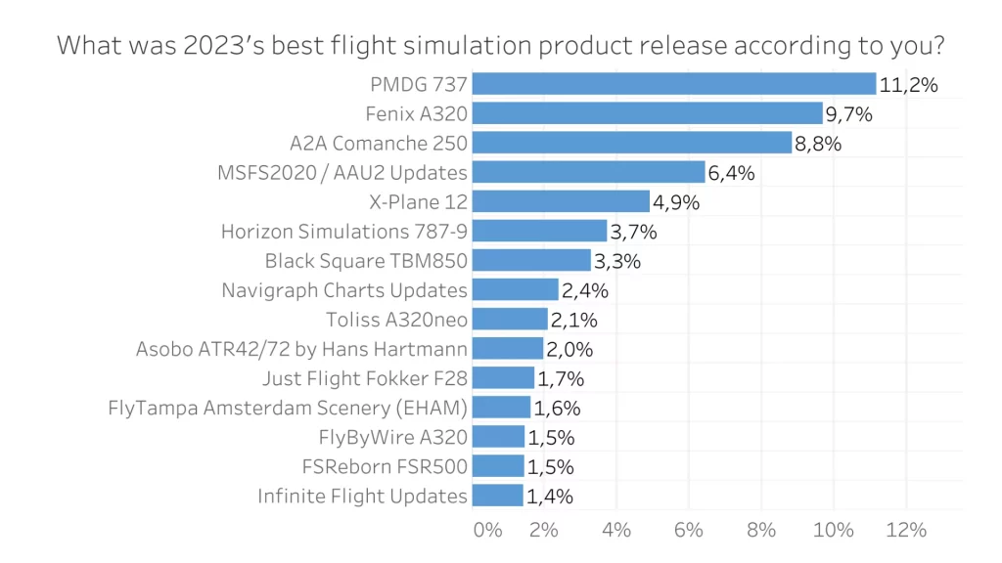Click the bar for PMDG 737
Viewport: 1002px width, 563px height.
point(673,84)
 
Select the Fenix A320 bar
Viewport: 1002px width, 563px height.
point(647,113)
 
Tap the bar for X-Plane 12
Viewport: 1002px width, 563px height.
point(561,201)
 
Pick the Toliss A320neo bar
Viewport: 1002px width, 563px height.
point(510,320)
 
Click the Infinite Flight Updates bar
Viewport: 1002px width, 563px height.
point(497,496)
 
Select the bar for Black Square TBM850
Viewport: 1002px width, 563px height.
point(531,261)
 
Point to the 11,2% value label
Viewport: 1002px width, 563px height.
point(909,85)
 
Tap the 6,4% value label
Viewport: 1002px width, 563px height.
point(732,173)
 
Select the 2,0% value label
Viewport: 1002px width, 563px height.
point(569,349)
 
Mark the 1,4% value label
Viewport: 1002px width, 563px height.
point(550,496)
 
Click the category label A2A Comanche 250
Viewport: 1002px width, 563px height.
point(379,144)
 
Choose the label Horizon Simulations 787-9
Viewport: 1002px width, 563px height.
point(344,232)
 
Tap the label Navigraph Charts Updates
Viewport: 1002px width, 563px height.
point(344,290)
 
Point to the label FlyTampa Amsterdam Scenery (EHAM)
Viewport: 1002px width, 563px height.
point(288,408)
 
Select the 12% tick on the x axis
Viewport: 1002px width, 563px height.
point(906,530)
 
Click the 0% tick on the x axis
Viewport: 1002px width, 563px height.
point(487,530)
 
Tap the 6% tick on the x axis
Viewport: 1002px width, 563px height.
point(689,530)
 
